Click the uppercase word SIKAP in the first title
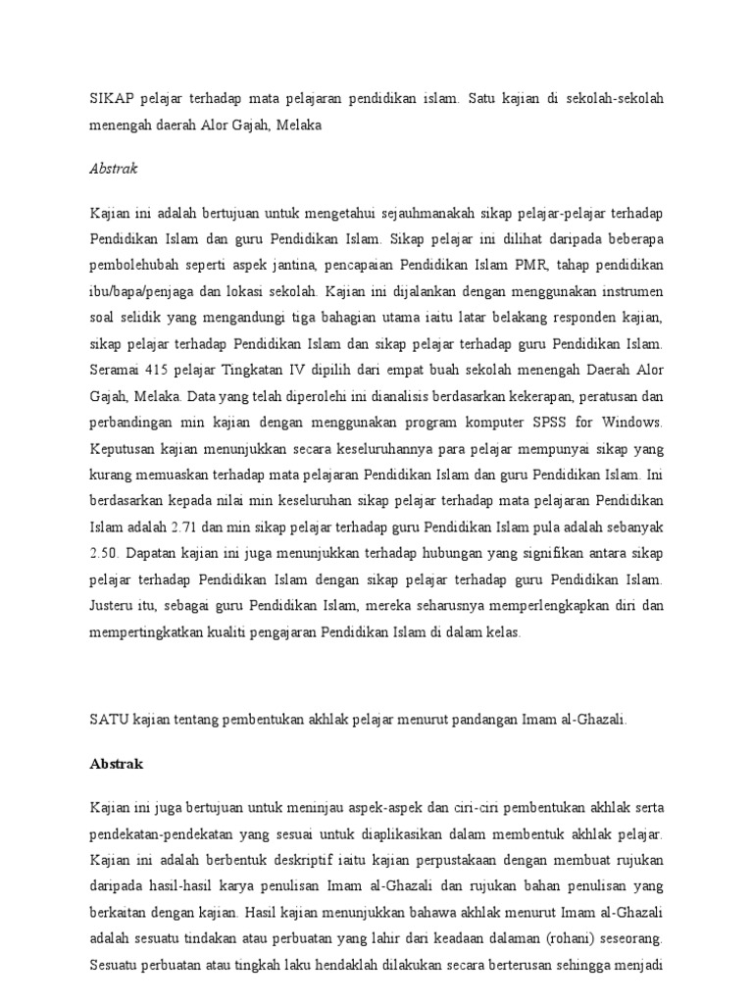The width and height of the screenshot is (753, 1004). click(110, 101)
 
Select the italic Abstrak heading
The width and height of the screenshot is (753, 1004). click(114, 168)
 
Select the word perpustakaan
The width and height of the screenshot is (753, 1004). click(468, 864)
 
